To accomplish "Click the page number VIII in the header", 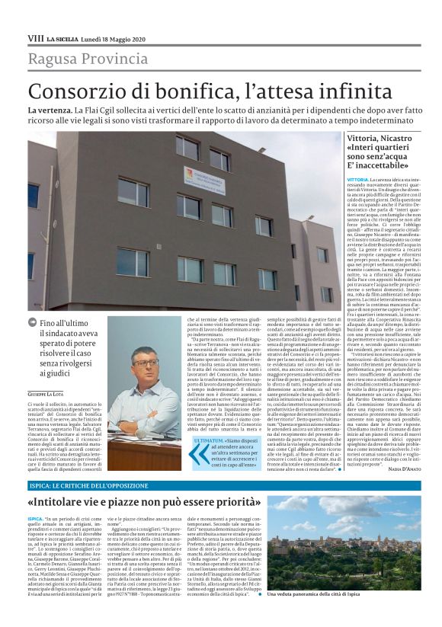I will pyautogui.click(x=35, y=37).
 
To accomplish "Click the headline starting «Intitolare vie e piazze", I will pyautogui.click(x=146, y=504).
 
